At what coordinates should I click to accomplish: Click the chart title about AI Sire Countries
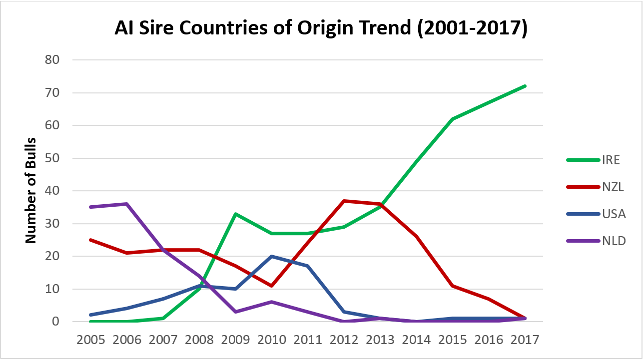tap(321, 28)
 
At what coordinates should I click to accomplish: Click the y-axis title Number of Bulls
tap(31, 191)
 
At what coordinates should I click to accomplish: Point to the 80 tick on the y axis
tap(52, 60)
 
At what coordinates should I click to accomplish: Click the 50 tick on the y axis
tap(52, 158)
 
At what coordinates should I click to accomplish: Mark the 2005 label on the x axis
tap(91, 340)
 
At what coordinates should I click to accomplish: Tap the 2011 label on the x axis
tap(307, 340)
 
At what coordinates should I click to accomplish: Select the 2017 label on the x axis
tap(524, 340)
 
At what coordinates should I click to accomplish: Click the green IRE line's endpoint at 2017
tap(524, 86)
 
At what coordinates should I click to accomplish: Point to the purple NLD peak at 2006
tap(127, 204)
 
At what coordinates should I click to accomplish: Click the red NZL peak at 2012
tap(344, 201)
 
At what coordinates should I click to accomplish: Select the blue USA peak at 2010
tap(271, 256)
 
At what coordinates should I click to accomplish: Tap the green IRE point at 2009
tap(235, 214)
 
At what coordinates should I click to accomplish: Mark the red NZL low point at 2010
tap(271, 286)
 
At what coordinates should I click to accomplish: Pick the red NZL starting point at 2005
tap(91, 240)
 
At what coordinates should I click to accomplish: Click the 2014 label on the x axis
tap(416, 340)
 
